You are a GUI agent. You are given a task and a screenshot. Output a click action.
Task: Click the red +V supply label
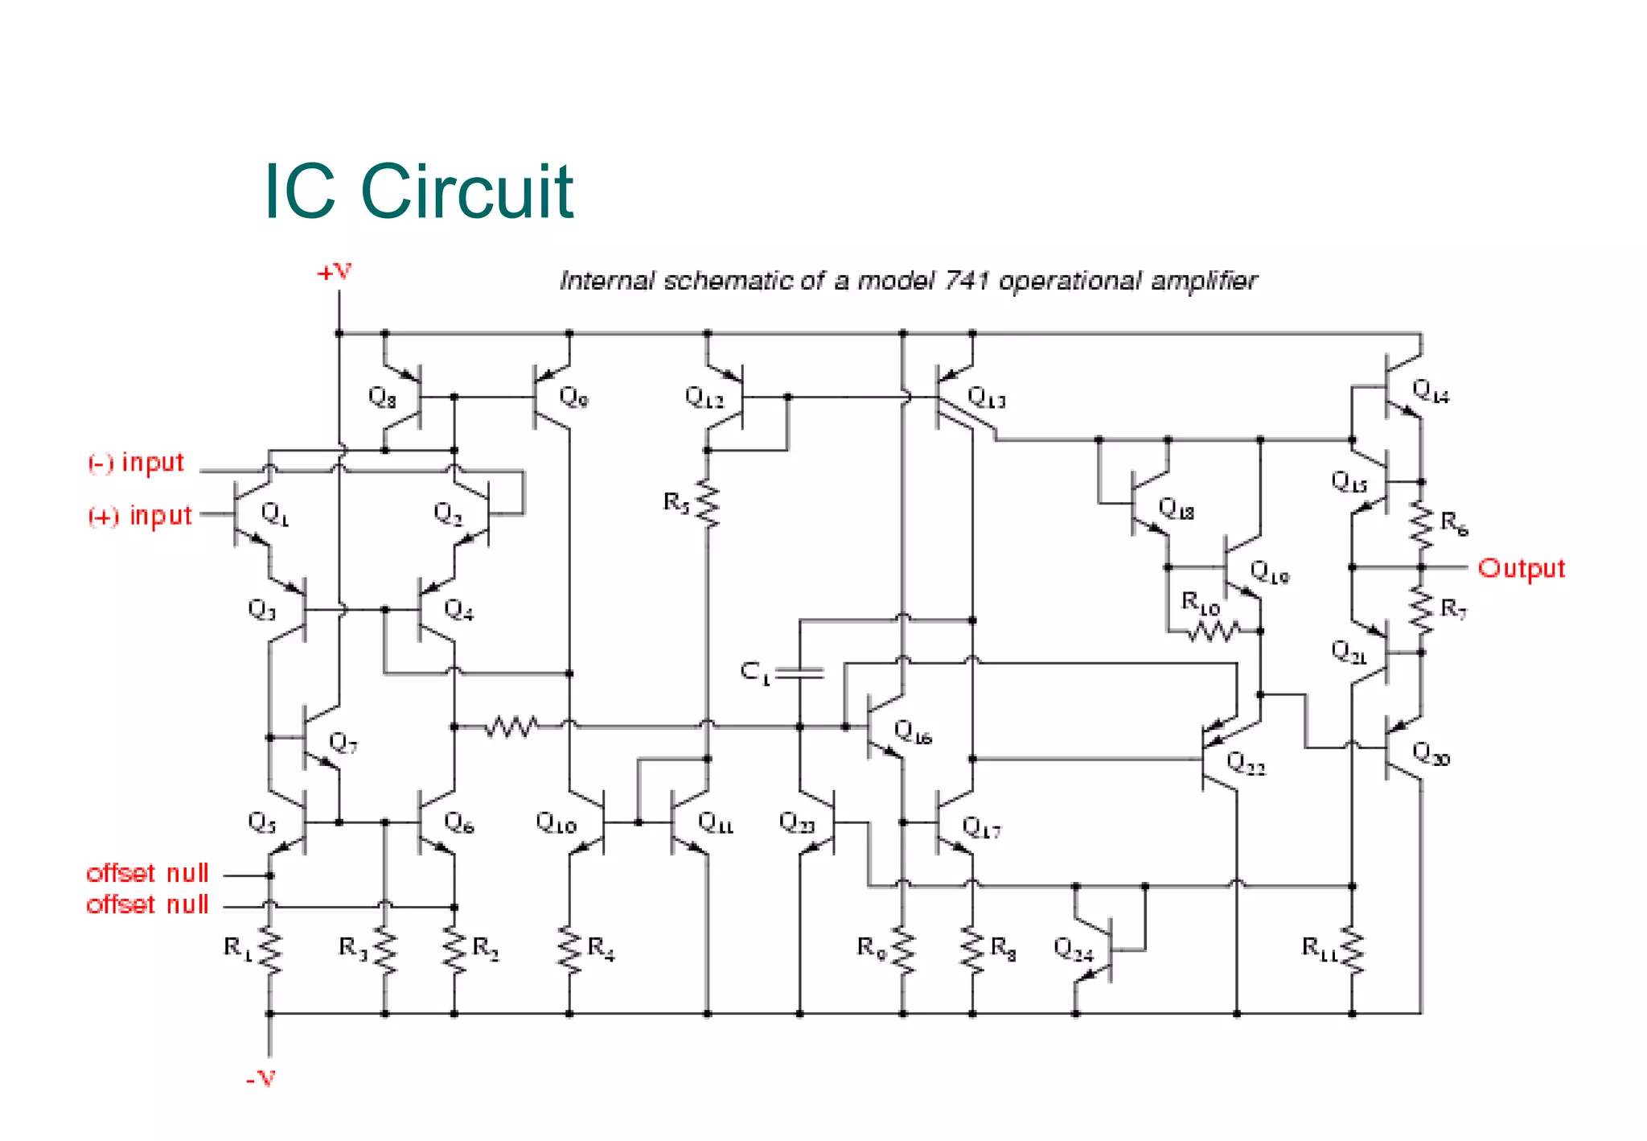click(x=334, y=273)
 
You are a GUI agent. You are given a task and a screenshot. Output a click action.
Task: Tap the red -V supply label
click(x=261, y=1078)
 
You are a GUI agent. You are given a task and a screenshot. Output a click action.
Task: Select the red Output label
click(x=1521, y=568)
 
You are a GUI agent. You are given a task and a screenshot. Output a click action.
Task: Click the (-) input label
click(x=136, y=463)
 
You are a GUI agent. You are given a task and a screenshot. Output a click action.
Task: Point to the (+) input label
click(x=140, y=516)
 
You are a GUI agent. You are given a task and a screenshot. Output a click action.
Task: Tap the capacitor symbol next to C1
click(x=800, y=673)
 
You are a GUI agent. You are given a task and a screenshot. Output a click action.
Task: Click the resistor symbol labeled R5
click(x=708, y=505)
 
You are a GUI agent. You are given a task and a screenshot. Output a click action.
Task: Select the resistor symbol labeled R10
click(x=1214, y=632)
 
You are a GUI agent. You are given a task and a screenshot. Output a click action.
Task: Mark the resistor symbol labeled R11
click(x=1353, y=951)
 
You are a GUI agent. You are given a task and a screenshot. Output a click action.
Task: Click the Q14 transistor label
click(x=1431, y=392)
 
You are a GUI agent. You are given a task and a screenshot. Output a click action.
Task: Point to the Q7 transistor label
click(x=343, y=743)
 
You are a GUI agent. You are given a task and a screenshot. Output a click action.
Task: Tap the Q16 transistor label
click(x=913, y=732)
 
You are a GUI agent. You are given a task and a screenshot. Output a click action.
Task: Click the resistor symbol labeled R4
click(x=569, y=951)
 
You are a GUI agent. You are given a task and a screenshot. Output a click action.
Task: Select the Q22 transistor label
click(x=1246, y=763)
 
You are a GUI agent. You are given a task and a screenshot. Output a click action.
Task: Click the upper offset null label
click(x=147, y=873)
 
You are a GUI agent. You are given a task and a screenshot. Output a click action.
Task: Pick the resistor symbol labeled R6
click(x=1421, y=525)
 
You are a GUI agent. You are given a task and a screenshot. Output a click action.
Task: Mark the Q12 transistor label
click(x=704, y=397)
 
